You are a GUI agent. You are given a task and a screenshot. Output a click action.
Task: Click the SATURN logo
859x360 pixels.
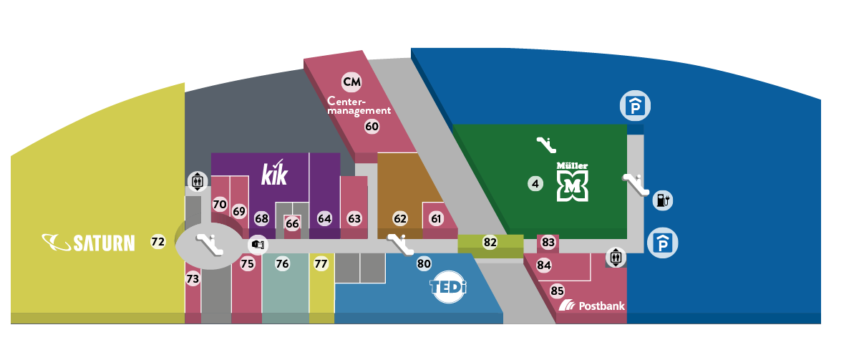pyautogui.click(x=88, y=243)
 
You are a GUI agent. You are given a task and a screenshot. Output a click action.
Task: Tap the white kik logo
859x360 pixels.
pyautogui.click(x=274, y=173)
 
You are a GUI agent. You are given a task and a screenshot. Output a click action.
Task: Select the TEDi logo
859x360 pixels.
pyautogui.click(x=447, y=288)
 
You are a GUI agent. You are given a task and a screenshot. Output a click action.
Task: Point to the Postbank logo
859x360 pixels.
pyautogui.click(x=591, y=306)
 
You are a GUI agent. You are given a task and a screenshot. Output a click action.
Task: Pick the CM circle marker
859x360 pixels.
pyautogui.click(x=351, y=82)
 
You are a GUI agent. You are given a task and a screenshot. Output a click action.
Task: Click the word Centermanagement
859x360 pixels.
pyautogui.click(x=359, y=106)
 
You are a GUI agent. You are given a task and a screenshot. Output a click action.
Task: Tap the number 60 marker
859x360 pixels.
pyautogui.click(x=372, y=127)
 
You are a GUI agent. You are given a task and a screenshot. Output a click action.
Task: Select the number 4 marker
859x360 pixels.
pyautogui.click(x=535, y=184)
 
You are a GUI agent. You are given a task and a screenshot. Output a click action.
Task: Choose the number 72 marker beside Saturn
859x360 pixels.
pyautogui.click(x=158, y=242)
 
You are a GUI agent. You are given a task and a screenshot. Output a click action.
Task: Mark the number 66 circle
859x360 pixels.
pyautogui.click(x=292, y=223)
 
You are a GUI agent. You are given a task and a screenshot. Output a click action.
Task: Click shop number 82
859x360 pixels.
pyautogui.click(x=490, y=243)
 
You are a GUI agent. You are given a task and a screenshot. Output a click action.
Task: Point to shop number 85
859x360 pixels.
pyautogui.click(x=557, y=291)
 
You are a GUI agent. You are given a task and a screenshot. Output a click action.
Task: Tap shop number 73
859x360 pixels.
pyautogui.click(x=193, y=278)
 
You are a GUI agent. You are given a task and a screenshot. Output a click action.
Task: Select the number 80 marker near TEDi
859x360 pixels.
pyautogui.click(x=424, y=264)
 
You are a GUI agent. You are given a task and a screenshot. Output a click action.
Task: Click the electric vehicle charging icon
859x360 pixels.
pyautogui.click(x=662, y=200)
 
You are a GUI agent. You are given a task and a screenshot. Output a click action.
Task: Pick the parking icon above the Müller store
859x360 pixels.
pyautogui.click(x=634, y=107)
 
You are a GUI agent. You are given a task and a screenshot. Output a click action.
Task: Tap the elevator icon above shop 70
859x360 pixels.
pyautogui.click(x=197, y=182)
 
